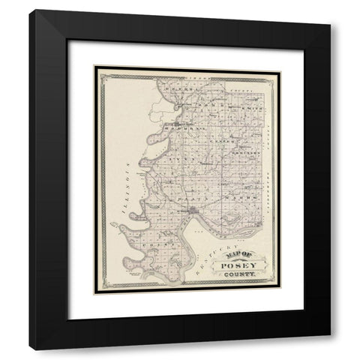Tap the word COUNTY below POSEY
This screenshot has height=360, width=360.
coord(238,279)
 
